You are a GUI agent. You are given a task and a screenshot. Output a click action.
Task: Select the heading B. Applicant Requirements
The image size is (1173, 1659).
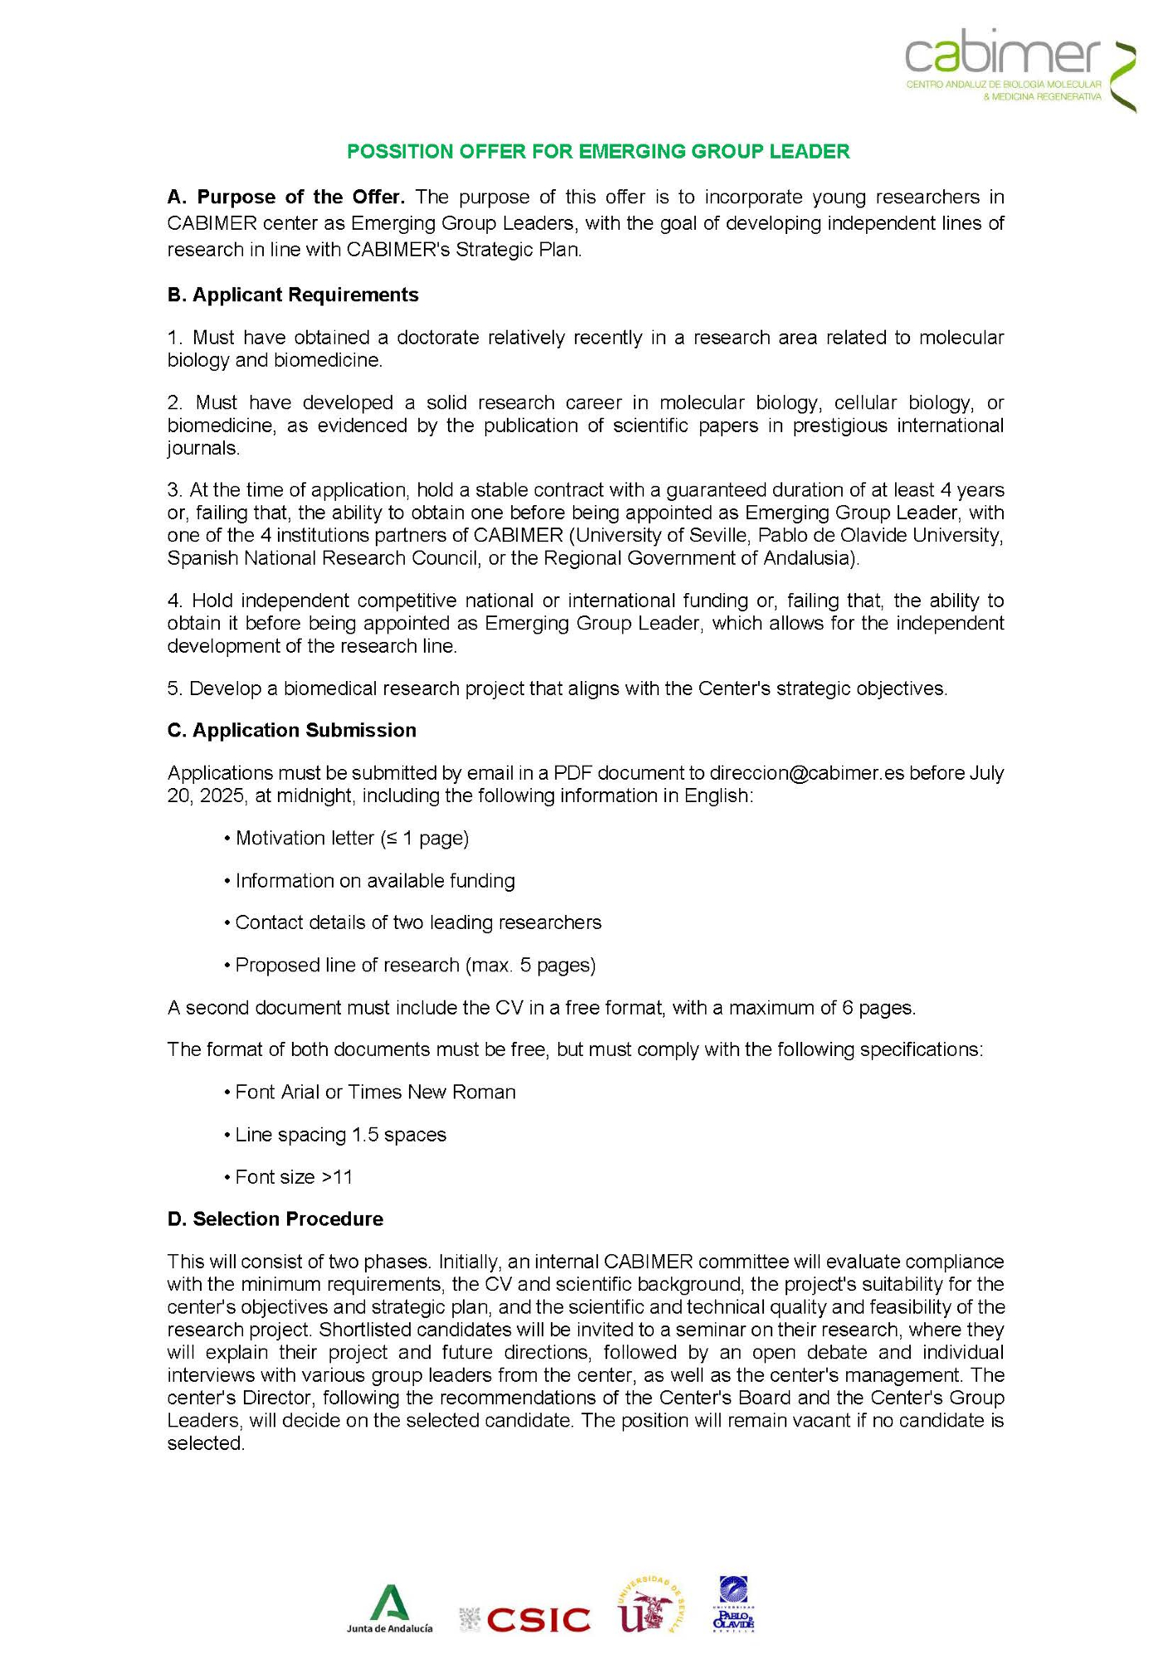(293, 295)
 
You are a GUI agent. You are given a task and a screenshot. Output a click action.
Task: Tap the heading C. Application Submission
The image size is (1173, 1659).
(292, 730)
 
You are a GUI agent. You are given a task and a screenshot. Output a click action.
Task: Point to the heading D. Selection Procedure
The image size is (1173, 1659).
(275, 1219)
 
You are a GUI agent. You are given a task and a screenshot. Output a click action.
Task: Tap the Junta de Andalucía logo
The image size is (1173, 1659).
(389, 1609)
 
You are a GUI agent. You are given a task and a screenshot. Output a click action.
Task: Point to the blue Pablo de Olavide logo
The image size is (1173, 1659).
(733, 1605)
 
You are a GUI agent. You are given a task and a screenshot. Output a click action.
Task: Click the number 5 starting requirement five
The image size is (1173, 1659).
(173, 688)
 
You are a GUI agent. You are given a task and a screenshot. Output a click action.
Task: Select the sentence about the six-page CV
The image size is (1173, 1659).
(541, 1008)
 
